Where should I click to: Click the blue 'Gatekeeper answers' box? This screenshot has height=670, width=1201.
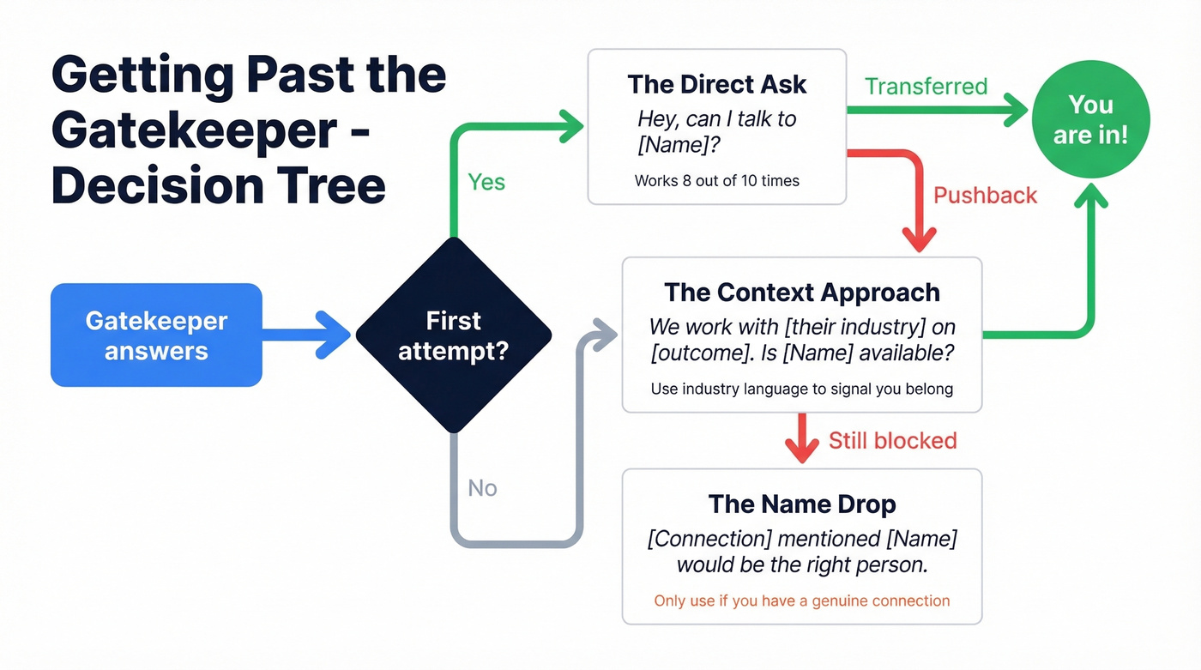click(156, 335)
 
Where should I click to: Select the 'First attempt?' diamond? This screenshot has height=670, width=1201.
click(453, 335)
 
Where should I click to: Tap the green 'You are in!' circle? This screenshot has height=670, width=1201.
click(1090, 119)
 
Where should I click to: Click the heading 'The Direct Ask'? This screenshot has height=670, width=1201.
click(716, 84)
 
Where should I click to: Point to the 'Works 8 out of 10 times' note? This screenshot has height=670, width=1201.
click(716, 181)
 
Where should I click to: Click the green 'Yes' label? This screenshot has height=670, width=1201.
click(486, 182)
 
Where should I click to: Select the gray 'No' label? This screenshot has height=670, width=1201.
click(482, 488)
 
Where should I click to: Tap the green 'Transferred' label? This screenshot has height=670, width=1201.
click(926, 87)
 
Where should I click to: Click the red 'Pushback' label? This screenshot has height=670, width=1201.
click(985, 196)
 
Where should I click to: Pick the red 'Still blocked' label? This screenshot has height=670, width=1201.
click(892, 441)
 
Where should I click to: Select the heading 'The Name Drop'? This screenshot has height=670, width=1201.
click(801, 504)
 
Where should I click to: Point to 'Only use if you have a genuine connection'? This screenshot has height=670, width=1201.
click(801, 601)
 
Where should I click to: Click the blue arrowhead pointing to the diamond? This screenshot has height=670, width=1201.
click(335, 335)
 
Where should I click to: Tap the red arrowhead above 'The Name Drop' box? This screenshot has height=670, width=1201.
click(801, 450)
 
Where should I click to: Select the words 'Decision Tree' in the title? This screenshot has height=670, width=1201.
click(218, 186)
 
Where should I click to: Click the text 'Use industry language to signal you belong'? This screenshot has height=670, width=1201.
click(801, 389)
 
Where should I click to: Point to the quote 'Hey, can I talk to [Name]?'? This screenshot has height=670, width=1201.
click(716, 131)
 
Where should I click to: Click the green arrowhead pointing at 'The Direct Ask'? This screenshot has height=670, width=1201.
click(570, 126)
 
